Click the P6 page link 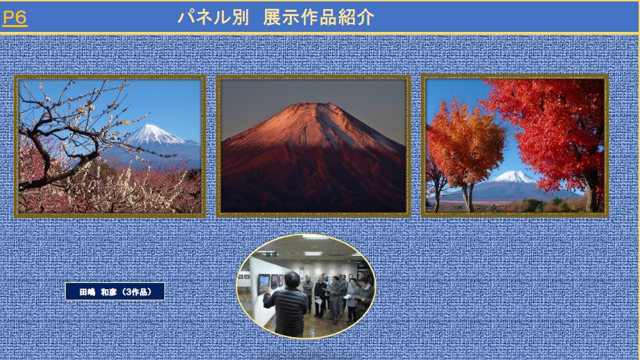tap(15, 17)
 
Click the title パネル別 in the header tap(213, 17)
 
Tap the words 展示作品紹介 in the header tap(318, 17)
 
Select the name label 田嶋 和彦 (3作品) tap(115, 291)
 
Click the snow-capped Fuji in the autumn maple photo tap(514, 177)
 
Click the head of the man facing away tap(292, 280)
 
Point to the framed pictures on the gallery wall tap(270, 282)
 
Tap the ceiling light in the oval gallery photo tap(313, 253)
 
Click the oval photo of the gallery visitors tap(306, 286)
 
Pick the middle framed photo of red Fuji tap(313, 146)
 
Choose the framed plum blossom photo tap(110, 146)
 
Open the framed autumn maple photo tap(514, 145)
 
